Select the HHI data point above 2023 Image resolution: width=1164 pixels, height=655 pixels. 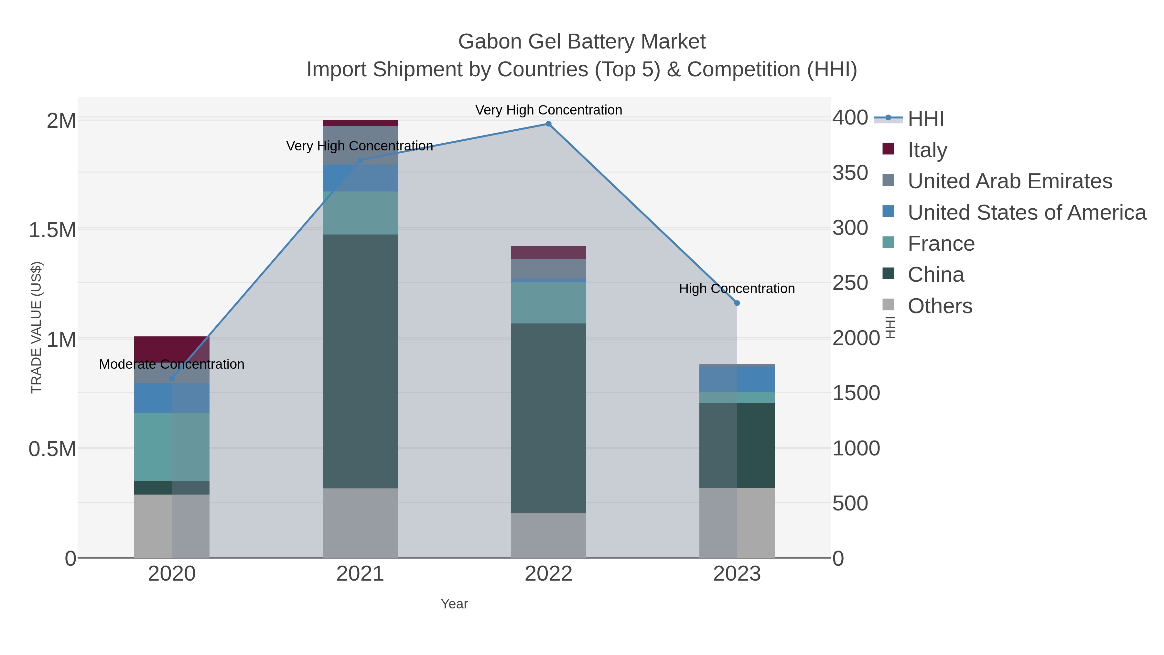pos(737,303)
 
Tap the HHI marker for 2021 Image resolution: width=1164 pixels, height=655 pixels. pos(360,160)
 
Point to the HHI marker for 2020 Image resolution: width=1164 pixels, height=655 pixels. pos(172,379)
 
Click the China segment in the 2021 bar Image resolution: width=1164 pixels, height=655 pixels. pos(360,362)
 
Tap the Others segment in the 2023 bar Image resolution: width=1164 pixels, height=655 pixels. pos(737,523)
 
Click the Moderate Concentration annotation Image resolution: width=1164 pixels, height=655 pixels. pos(172,364)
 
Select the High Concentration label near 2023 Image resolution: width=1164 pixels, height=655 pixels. pos(737,289)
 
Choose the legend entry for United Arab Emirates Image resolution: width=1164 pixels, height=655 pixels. pos(1009,181)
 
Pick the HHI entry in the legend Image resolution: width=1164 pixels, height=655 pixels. pos(925,119)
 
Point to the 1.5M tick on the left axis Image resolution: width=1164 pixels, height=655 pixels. pos(52,230)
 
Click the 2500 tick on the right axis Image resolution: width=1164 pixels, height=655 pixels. pos(850,283)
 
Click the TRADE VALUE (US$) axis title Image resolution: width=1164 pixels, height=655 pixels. pos(36,327)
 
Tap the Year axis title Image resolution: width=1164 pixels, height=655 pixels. pos(454,604)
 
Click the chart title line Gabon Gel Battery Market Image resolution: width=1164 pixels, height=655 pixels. pos(582,42)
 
